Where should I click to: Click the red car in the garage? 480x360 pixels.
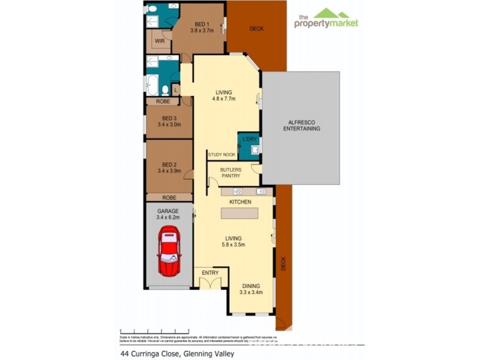(x=169, y=251)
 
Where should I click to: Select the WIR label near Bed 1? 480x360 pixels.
(x=160, y=41)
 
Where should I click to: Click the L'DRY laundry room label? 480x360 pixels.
(x=249, y=139)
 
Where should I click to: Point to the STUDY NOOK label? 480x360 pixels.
(x=221, y=155)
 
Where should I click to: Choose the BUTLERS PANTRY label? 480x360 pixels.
(x=230, y=173)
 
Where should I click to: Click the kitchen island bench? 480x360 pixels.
(x=239, y=213)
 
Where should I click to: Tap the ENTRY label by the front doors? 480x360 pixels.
(x=210, y=273)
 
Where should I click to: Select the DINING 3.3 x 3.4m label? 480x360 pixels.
(x=251, y=289)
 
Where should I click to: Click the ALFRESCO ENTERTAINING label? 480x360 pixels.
(x=301, y=125)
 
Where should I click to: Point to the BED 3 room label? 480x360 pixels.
(x=169, y=121)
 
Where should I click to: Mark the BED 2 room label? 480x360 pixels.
(x=169, y=167)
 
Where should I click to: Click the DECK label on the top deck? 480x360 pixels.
(x=256, y=28)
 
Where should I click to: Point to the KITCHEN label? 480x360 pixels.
(x=240, y=202)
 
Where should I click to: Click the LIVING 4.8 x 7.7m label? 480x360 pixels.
(x=225, y=95)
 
